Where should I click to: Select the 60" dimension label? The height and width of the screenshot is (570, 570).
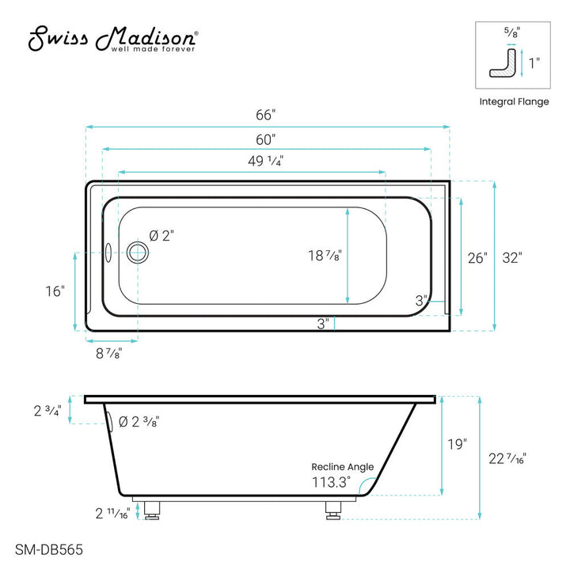266,139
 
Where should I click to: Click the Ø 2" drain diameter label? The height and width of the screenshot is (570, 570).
161,235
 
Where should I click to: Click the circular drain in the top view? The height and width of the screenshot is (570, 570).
138,253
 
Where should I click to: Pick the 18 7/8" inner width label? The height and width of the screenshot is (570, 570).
325,255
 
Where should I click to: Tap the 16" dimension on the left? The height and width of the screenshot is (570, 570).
55,291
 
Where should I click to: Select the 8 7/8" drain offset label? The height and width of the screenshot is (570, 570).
109,353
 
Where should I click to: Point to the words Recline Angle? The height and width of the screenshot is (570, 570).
342,467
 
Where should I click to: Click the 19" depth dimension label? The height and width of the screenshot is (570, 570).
456,445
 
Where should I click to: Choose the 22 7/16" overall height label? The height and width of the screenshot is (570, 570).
507,458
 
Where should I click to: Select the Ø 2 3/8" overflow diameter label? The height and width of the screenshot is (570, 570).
139,422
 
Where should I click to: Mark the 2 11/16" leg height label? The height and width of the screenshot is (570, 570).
112,513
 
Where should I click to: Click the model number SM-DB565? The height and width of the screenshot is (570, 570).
48,548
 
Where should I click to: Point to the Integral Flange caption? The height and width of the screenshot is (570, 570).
514,101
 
